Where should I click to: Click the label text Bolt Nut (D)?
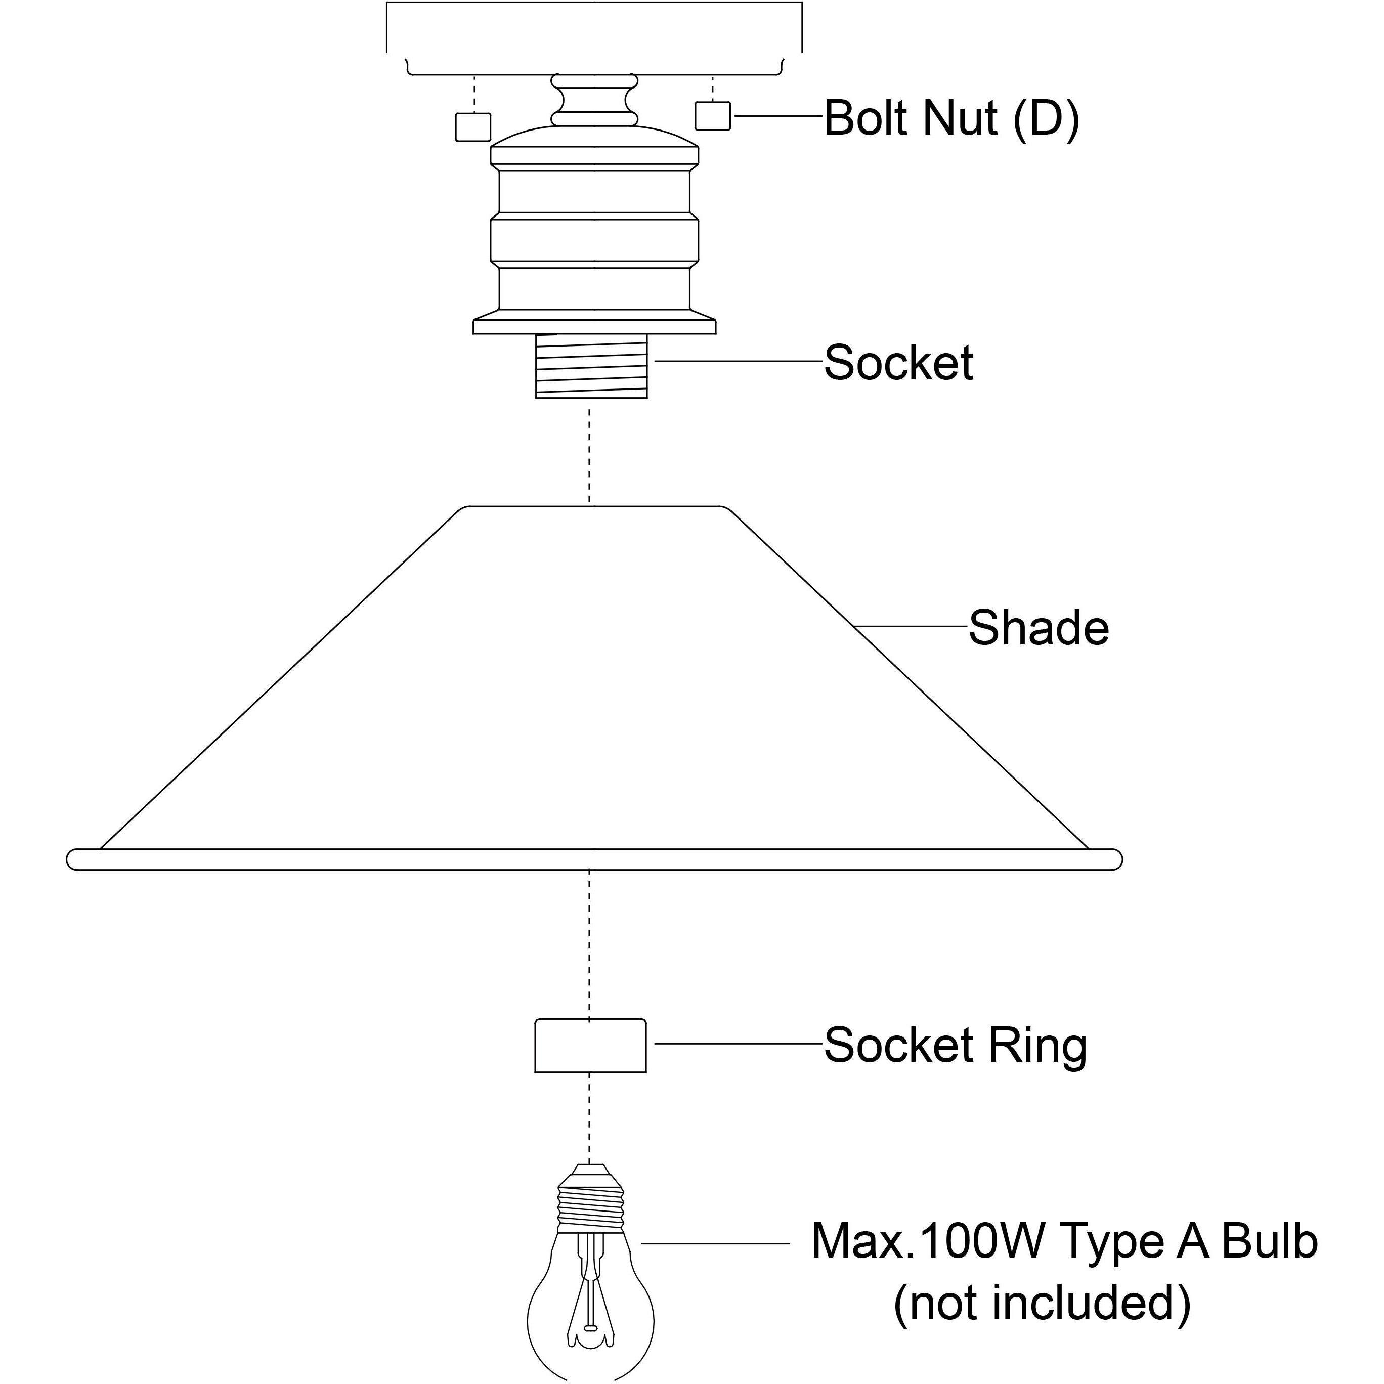[952, 118]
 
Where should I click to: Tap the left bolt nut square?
[473, 127]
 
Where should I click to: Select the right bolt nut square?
[713, 116]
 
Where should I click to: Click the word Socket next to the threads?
[898, 363]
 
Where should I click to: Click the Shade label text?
[1039, 629]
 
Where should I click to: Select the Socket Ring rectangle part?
[591, 1047]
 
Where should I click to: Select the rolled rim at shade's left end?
[75, 859]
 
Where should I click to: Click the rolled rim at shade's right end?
[1114, 859]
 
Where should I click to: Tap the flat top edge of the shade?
[594, 507]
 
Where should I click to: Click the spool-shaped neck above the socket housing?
[594, 100]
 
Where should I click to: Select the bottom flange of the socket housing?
[594, 326]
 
